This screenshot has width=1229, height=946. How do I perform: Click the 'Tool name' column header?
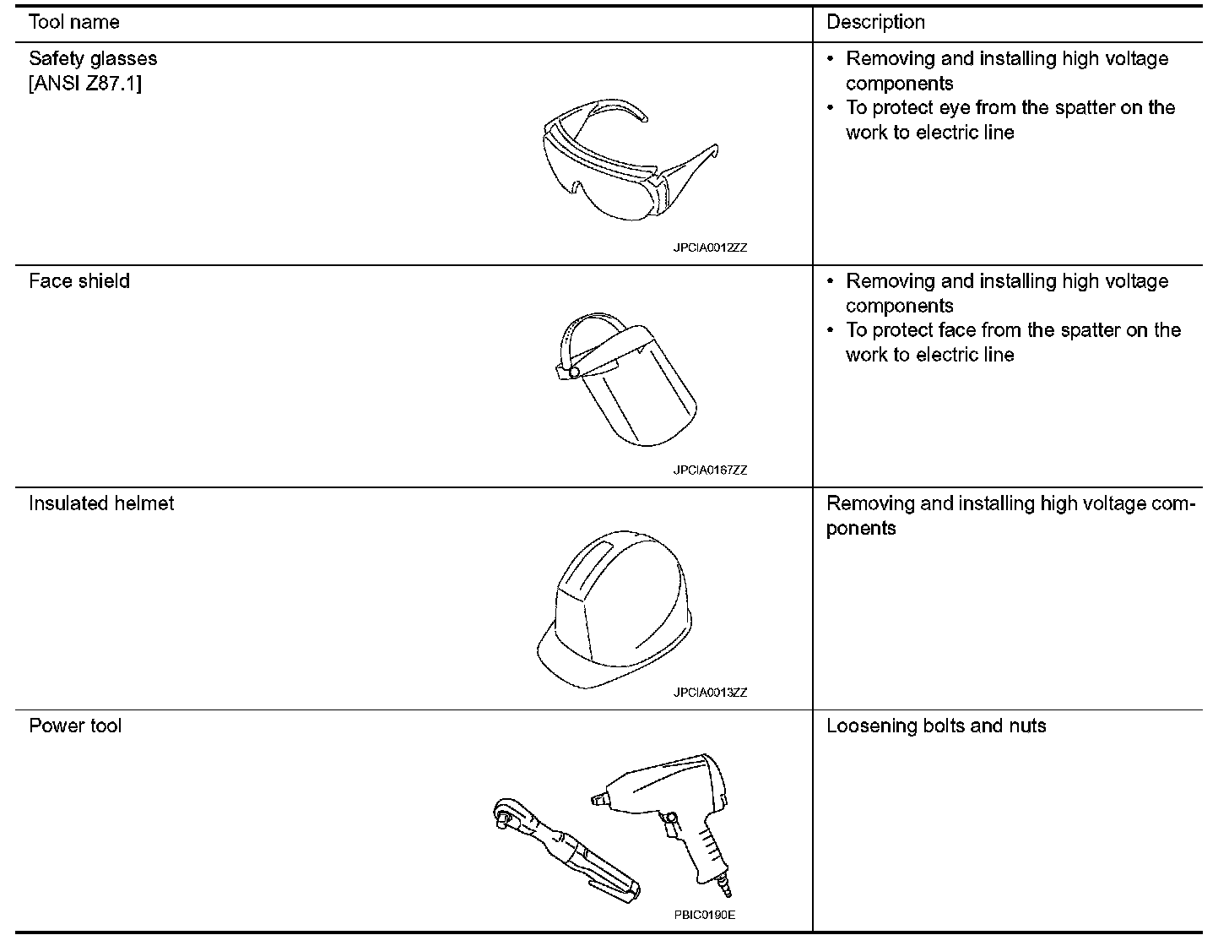coord(74,23)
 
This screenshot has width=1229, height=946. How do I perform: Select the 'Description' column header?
coord(875,23)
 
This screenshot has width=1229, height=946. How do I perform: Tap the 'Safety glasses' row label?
coord(93,59)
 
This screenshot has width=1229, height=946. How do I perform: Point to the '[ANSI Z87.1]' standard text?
coord(85,84)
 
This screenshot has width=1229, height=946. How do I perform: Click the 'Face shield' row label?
coord(79,281)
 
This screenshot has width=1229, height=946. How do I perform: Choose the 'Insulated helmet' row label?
coord(101,503)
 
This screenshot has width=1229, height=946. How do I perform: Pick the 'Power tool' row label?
coord(75,726)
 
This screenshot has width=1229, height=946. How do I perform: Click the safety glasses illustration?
coord(629,161)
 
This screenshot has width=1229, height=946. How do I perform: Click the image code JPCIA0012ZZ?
coord(710,248)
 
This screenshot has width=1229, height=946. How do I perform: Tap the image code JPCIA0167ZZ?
coord(710,470)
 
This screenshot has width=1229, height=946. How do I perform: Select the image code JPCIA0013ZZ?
coord(710,693)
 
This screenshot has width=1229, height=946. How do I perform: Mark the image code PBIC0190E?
coord(705,915)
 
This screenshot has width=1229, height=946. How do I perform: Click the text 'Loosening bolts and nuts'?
coord(936,726)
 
